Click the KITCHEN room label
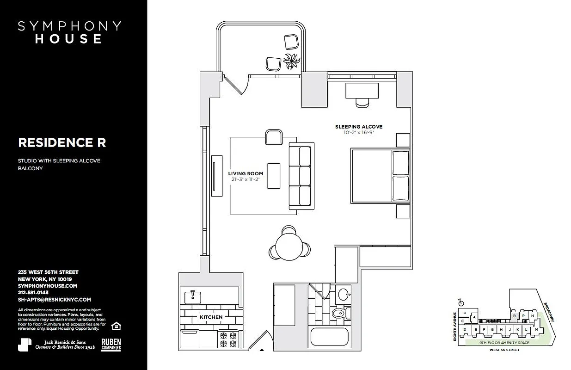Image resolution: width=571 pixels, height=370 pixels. click(211, 317)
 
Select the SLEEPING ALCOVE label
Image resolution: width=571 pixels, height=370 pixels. click(359, 127)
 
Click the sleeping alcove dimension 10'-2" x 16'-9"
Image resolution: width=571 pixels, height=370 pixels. click(359, 132)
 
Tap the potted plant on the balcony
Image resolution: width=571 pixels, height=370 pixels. click(292, 61)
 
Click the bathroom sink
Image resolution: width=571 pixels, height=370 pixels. click(343, 295)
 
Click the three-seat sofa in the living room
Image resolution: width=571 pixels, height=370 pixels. click(301, 176)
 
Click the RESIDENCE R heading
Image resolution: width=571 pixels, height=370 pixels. click(62, 143)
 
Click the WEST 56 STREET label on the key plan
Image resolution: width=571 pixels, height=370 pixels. click(504, 350)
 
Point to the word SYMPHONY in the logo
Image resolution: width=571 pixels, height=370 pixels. click(69, 26)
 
